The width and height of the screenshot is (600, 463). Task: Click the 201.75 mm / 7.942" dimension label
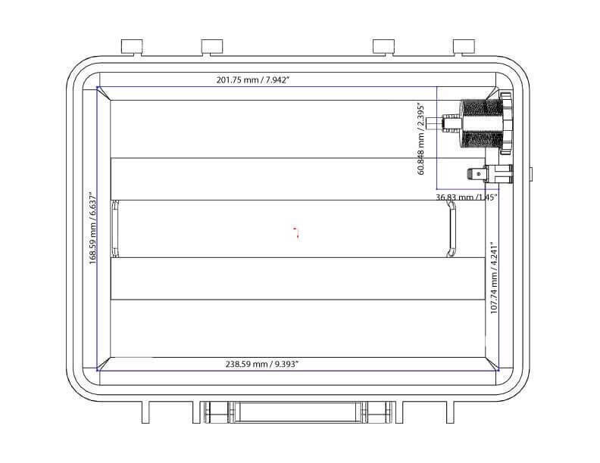point(252,79)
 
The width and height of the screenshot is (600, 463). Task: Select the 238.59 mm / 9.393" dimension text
point(262,364)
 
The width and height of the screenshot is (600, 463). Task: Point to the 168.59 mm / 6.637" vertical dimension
point(92,228)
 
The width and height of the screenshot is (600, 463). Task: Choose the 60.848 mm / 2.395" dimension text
point(422,138)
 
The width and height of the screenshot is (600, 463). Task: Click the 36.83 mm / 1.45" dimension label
point(466,197)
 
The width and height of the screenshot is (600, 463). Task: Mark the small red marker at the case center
point(297,231)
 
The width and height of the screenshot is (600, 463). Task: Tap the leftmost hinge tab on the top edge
point(132,47)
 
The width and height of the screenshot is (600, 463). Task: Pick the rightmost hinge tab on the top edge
point(463,47)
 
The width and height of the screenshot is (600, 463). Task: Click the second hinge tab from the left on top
point(211,47)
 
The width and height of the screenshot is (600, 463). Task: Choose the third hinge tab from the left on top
point(383,47)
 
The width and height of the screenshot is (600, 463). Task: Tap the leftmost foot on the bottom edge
point(148,412)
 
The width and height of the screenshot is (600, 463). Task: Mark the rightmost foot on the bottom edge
point(449,412)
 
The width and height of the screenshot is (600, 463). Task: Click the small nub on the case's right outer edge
point(530,175)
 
